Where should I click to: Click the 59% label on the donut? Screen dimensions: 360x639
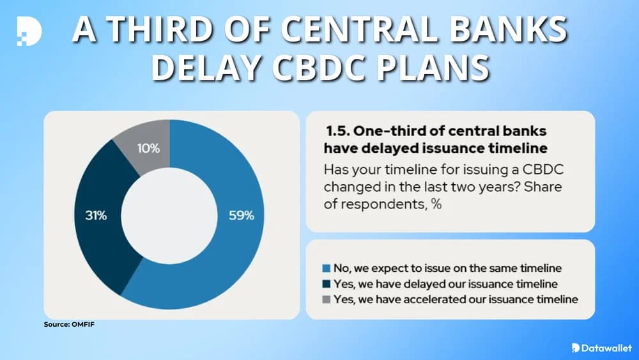tap(242, 215)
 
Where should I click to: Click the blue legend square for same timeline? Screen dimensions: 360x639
tap(327, 268)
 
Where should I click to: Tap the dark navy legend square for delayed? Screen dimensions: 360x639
tap(327, 283)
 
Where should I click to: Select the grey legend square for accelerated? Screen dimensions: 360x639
tap(327, 299)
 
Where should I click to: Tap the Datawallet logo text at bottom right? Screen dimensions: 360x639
tap(604, 347)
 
